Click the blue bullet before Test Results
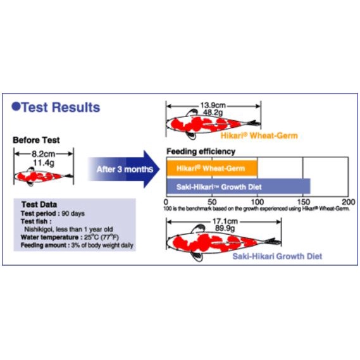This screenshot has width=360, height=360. (x=16, y=106)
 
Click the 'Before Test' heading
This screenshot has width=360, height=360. (x=36, y=140)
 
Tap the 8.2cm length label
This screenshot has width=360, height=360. (x=44, y=154)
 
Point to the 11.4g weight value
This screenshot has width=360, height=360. (x=44, y=163)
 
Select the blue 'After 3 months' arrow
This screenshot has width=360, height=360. (x=124, y=169)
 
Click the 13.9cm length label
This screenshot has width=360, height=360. (x=213, y=106)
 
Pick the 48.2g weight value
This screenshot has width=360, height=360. (x=213, y=113)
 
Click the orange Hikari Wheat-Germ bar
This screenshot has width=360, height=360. (x=212, y=168)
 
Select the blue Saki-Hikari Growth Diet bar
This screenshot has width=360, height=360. (x=239, y=187)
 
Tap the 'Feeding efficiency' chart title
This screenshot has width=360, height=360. (x=201, y=152)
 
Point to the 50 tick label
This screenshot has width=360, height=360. (x=212, y=202)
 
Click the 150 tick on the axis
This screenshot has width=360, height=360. (x=304, y=202)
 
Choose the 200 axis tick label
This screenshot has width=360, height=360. (x=349, y=202)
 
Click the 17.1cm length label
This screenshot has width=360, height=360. (x=225, y=221)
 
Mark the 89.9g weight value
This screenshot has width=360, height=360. (x=225, y=228)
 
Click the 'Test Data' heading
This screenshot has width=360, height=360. (x=39, y=204)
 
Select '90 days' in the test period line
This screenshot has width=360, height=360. (x=73, y=213)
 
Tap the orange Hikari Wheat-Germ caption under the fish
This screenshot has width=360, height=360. (x=259, y=135)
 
